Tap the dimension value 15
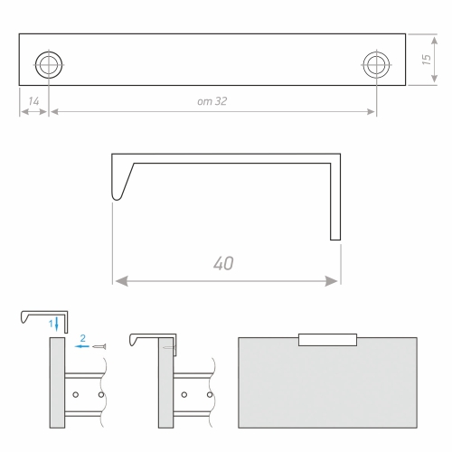(426, 60)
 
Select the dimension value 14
(33, 101)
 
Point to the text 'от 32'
(212, 101)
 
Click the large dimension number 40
(223, 263)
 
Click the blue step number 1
(51, 324)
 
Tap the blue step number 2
(83, 338)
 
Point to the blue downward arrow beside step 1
(57, 325)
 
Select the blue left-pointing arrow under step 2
(81, 346)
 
